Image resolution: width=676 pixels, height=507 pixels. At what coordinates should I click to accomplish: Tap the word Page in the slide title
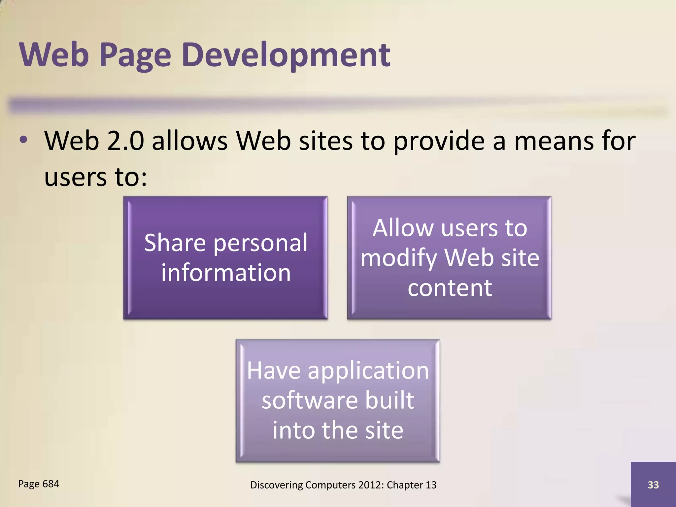point(135,55)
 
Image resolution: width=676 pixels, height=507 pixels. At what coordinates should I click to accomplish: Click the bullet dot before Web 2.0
point(23,140)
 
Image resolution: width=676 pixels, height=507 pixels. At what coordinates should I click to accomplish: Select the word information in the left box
point(226,273)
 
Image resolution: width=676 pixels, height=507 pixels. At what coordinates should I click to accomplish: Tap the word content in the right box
point(450,288)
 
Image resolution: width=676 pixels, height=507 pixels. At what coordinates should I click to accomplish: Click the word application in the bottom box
point(368,371)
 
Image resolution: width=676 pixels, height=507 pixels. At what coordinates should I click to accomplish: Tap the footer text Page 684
point(39,484)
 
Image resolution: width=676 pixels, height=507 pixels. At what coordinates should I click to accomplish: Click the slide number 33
point(653,485)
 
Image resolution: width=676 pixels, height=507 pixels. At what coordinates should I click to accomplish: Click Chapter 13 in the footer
point(412,485)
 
